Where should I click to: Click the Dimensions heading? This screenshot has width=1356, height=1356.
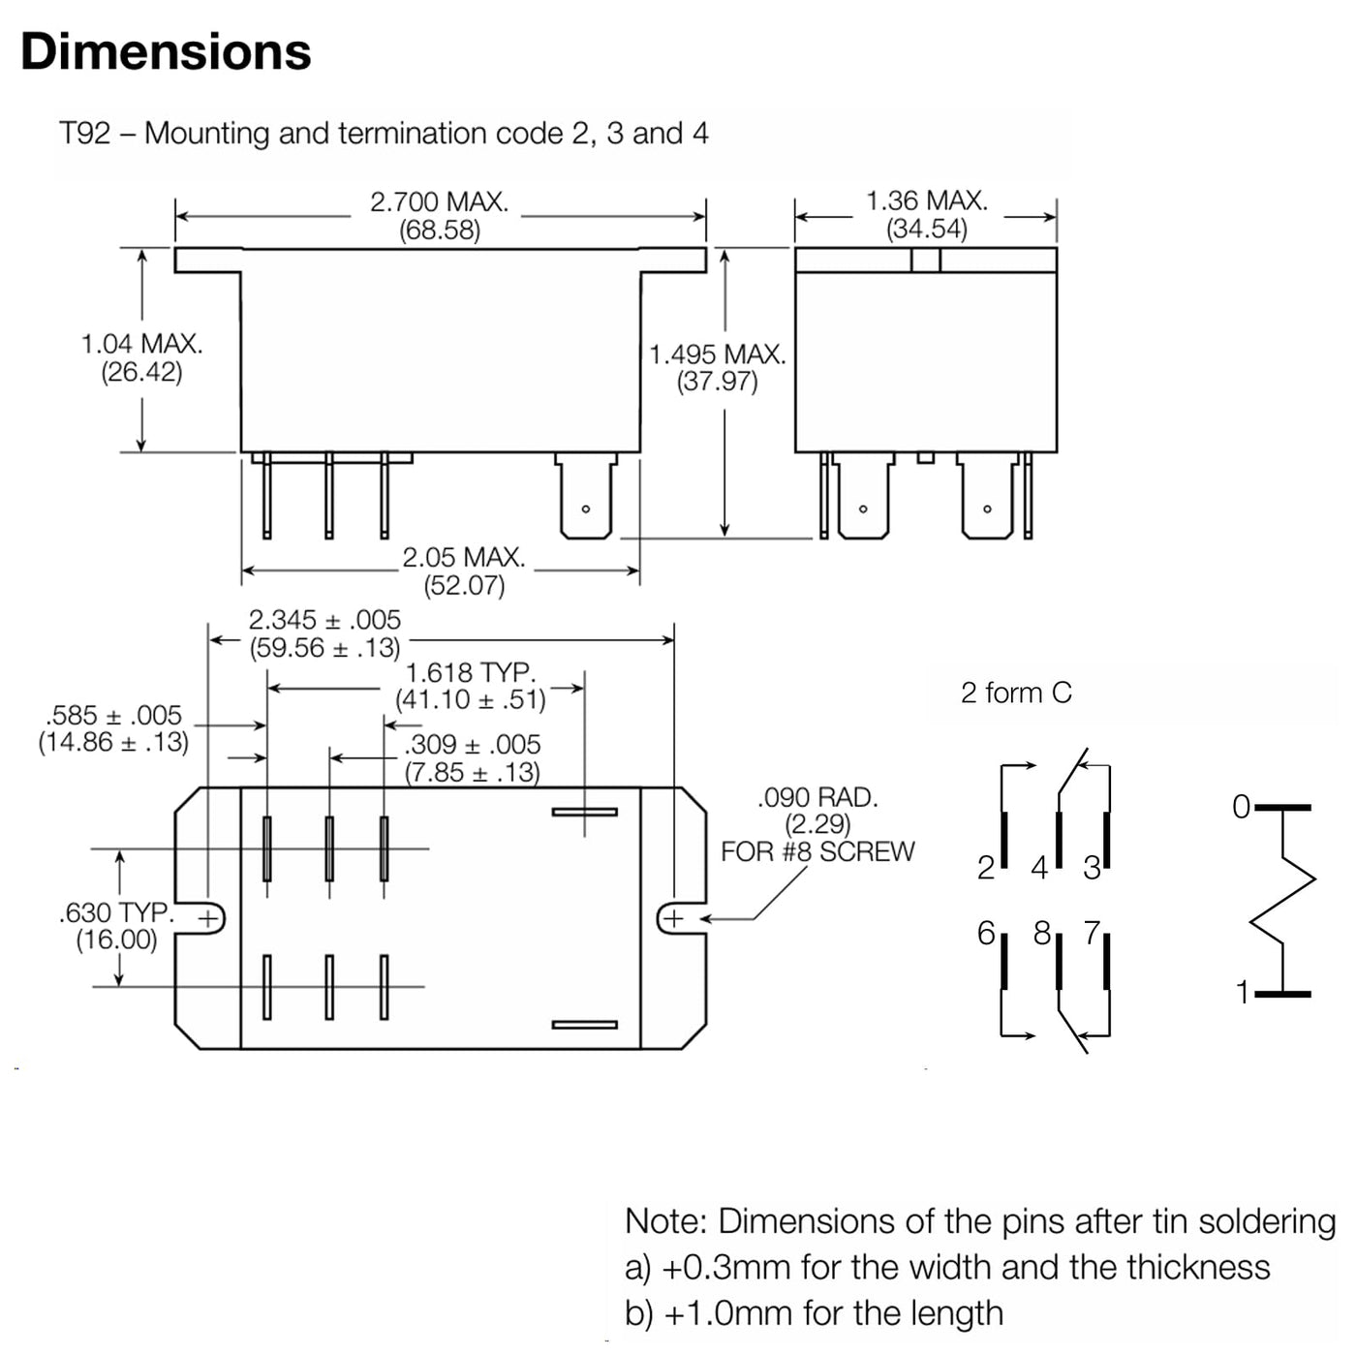[x=166, y=52]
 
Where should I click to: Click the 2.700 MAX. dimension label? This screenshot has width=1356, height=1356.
[x=439, y=202]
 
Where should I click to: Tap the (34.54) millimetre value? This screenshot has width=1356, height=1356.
[x=927, y=229]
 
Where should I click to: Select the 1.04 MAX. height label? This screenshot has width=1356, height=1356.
[x=142, y=344]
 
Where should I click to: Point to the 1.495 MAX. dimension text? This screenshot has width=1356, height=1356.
[x=717, y=354]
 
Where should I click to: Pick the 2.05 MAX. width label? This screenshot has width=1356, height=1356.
[x=464, y=557]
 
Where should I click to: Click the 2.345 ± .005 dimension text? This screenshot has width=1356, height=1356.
[x=324, y=620]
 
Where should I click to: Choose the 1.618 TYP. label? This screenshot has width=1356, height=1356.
[x=471, y=673]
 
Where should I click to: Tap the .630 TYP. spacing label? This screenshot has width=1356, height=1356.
[x=116, y=912]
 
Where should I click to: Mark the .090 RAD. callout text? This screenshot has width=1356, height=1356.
[x=818, y=798]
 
